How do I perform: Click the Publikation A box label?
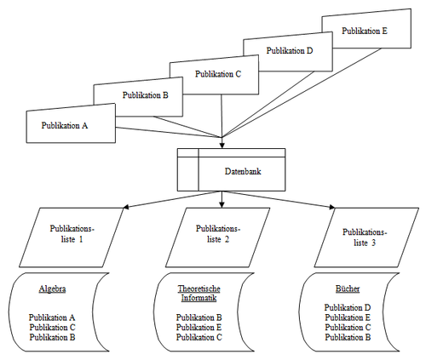65,125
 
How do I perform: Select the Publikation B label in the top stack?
146,95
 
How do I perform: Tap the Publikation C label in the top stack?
218,74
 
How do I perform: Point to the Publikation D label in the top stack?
290,50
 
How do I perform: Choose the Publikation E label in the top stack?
365,31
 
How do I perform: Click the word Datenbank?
243,171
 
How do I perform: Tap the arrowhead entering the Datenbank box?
222,146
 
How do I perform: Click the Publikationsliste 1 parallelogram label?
72,234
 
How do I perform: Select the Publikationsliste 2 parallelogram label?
218,234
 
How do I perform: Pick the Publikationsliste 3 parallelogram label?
365,237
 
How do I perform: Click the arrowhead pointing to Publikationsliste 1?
127,207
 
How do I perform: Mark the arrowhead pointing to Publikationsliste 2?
222,205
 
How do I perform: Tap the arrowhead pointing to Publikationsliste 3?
332,207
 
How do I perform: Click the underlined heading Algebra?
53,289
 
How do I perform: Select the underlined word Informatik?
199,298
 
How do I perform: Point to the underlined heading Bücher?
348,289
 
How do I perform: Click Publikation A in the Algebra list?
52,317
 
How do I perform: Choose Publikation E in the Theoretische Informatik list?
199,328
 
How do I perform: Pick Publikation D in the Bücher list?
348,307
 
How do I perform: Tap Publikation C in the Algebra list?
53,328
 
